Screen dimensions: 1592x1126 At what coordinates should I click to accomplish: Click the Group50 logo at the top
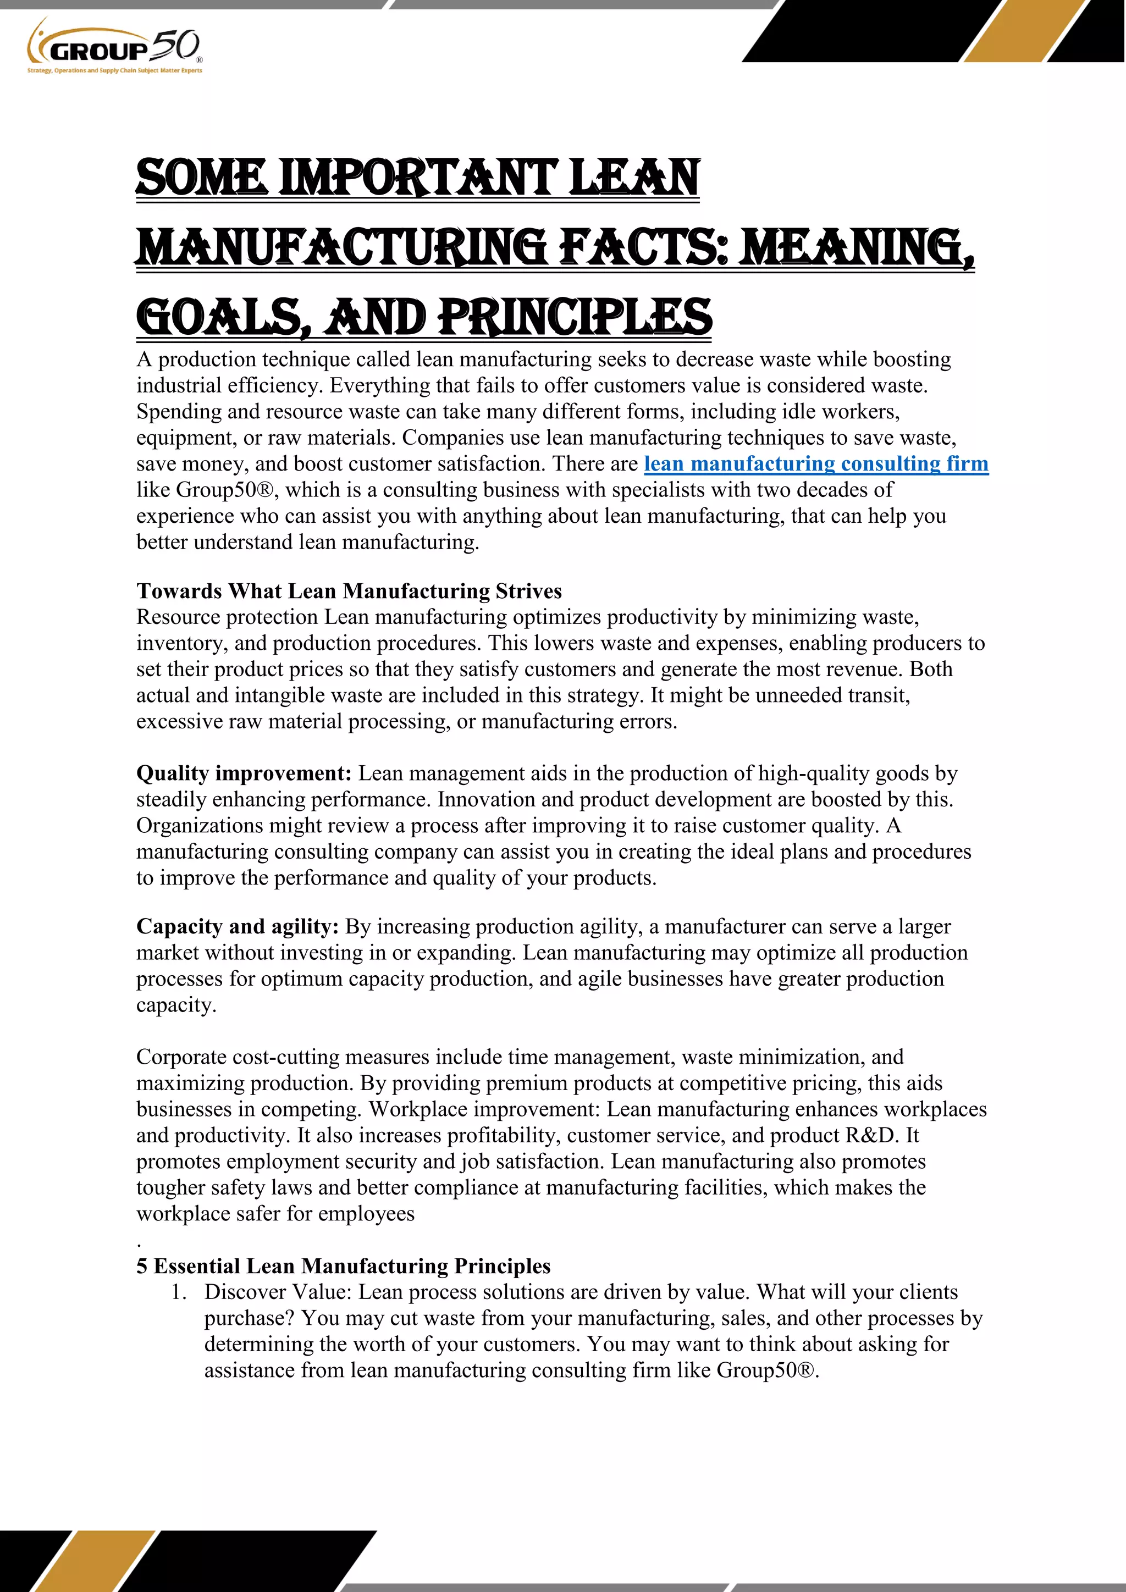click(x=114, y=45)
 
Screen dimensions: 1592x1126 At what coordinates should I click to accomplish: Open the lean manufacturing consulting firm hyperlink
click(x=815, y=463)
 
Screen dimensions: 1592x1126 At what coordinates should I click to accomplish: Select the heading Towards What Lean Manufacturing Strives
click(x=349, y=591)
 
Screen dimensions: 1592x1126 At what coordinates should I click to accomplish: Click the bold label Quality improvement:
click(x=244, y=773)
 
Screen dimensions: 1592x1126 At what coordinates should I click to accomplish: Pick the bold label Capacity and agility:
click(x=237, y=926)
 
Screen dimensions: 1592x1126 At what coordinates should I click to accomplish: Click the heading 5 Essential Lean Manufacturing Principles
click(x=343, y=1266)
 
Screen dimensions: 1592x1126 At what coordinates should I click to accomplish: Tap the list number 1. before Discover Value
click(x=179, y=1292)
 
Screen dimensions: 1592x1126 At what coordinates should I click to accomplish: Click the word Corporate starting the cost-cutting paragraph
click(x=181, y=1058)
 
